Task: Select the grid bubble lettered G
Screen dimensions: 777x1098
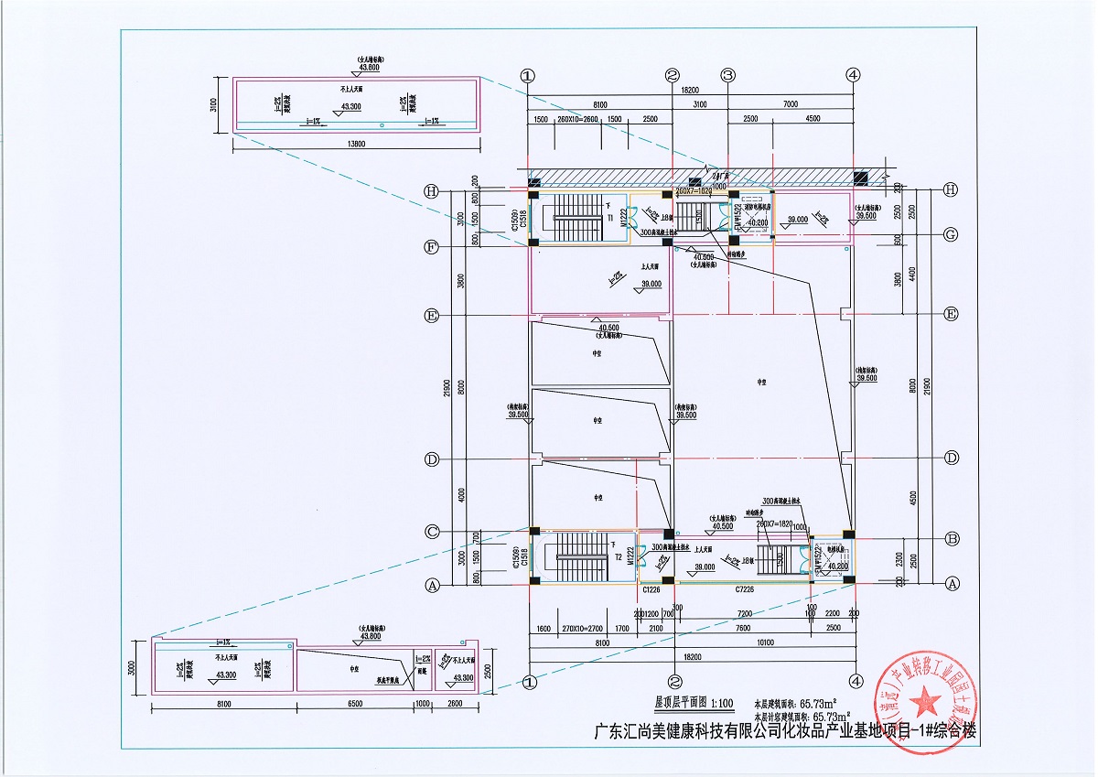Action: coord(952,234)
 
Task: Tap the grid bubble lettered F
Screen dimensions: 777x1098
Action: coord(431,246)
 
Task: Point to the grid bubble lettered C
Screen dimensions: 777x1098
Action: coord(431,532)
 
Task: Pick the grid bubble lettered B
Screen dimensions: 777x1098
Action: coord(952,538)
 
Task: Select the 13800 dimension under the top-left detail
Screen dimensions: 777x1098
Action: coord(358,144)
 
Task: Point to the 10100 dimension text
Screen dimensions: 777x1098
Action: coord(763,643)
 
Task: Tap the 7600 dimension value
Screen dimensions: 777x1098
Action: coord(743,628)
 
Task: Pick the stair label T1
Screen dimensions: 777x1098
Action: coord(609,219)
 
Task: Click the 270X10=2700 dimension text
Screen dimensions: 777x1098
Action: coord(581,628)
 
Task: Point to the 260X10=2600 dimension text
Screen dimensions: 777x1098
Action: coord(578,119)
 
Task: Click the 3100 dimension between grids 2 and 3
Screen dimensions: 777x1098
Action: coord(700,104)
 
